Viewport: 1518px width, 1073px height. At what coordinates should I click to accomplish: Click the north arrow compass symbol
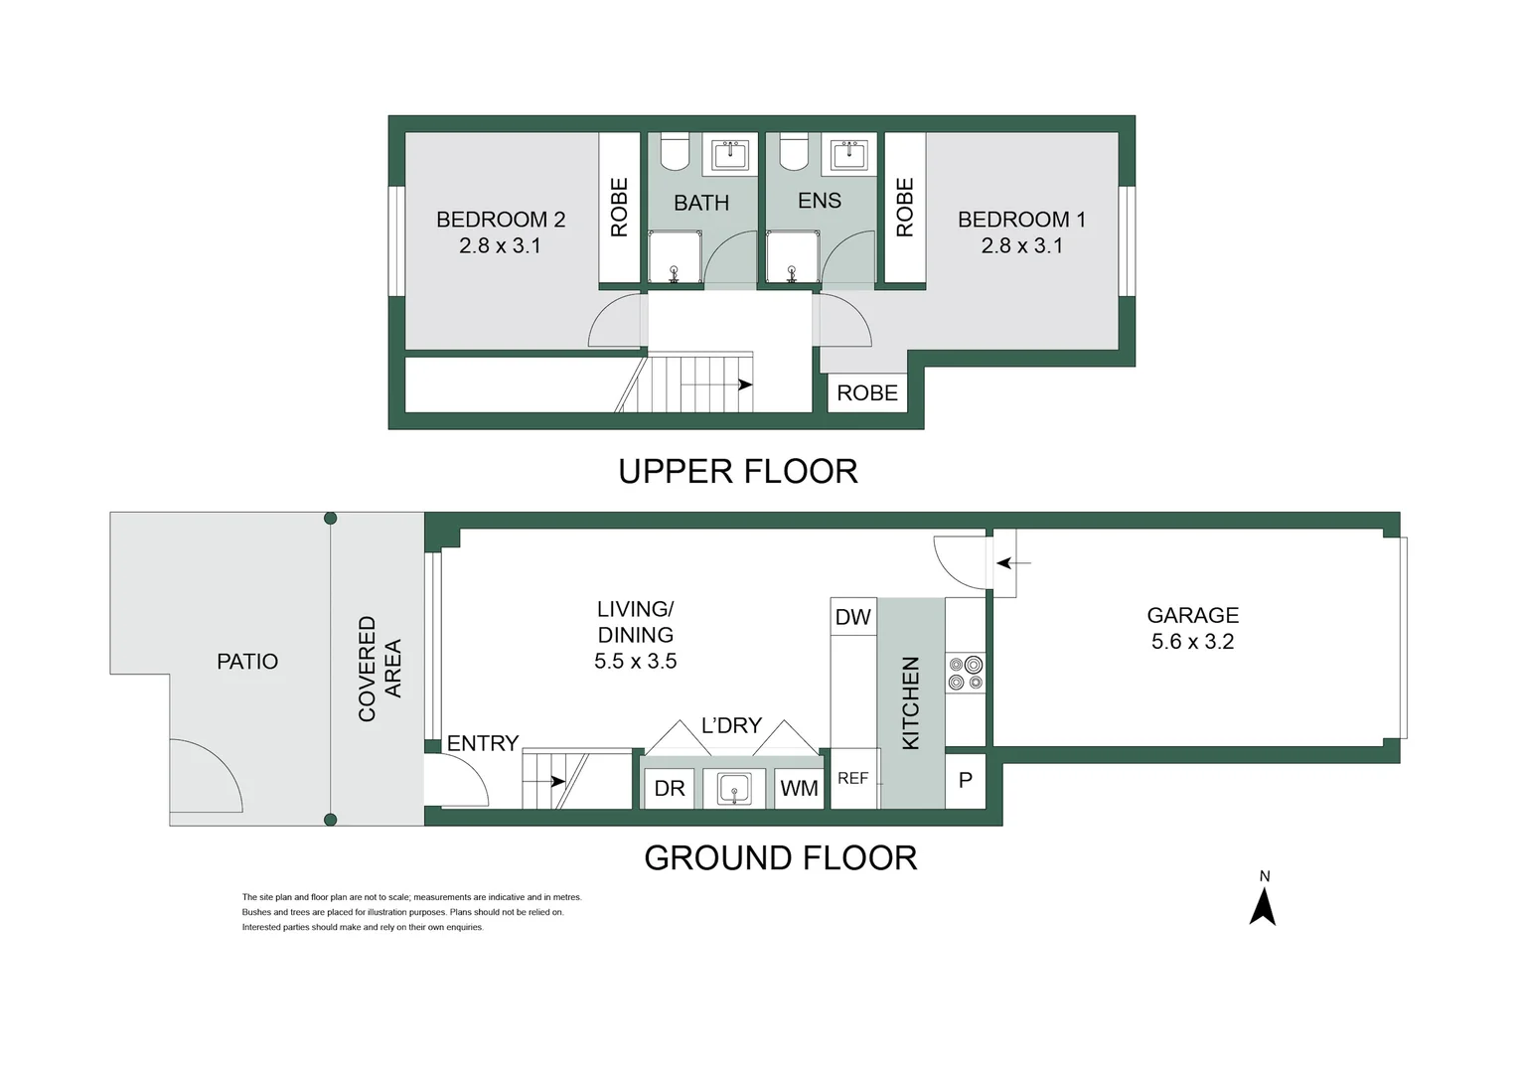pyautogui.click(x=1263, y=905)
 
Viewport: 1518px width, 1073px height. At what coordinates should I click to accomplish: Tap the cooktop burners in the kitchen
pyautogui.click(x=966, y=673)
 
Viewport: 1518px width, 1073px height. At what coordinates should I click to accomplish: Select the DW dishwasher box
pyautogui.click(x=852, y=617)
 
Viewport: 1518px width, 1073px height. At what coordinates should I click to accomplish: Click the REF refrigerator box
pyautogui.click(x=853, y=779)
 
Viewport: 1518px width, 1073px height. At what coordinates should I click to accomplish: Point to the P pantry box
pyautogui.click(x=965, y=781)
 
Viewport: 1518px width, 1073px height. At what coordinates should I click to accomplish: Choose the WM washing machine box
pyautogui.click(x=799, y=789)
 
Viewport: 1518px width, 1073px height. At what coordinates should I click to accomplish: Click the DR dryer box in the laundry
pyautogui.click(x=670, y=789)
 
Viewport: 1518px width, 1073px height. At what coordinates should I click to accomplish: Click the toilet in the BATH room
pyautogui.click(x=676, y=151)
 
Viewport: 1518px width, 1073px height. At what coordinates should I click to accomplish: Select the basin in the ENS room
pyautogui.click(x=848, y=155)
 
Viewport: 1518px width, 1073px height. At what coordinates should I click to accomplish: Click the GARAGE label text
pyautogui.click(x=1192, y=616)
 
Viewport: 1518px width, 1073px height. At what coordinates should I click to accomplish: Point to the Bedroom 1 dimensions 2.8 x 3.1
pyautogui.click(x=1021, y=245)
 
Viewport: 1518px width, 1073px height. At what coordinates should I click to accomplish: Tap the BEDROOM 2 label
pyautogui.click(x=501, y=220)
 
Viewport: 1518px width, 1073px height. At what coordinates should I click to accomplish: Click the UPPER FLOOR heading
pyautogui.click(x=737, y=471)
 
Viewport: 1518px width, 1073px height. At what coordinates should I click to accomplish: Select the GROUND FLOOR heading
pyautogui.click(x=780, y=858)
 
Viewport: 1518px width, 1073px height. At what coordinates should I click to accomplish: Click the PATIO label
pyautogui.click(x=247, y=662)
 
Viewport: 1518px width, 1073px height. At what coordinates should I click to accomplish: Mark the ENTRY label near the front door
pyautogui.click(x=483, y=743)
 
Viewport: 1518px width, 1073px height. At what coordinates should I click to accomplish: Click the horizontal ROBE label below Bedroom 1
pyautogui.click(x=866, y=393)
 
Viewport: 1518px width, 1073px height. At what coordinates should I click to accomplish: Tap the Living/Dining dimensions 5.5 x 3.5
pyautogui.click(x=635, y=662)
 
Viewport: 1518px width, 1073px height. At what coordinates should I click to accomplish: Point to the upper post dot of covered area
pyautogui.click(x=331, y=519)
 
